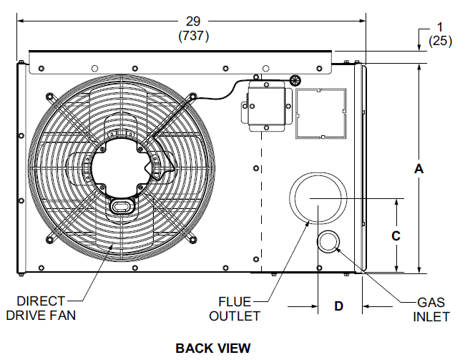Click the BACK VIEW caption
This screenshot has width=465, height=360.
pos(213,348)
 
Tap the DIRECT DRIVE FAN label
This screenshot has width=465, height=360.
pos(41,308)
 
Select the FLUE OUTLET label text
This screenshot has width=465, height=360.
pos(240,308)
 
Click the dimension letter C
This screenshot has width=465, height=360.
pos(396,235)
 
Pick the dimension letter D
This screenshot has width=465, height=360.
pos(339,306)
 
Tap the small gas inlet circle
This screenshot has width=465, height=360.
pos(328,242)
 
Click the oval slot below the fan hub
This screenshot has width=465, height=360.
pos(120,206)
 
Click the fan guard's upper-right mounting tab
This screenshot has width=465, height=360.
pos(192,97)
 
